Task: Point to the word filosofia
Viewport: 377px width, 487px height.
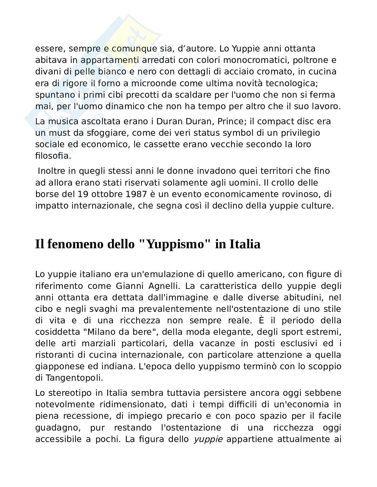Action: coord(53,156)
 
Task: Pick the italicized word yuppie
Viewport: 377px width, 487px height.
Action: coord(208,439)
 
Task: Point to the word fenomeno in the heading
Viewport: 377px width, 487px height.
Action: coord(76,244)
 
